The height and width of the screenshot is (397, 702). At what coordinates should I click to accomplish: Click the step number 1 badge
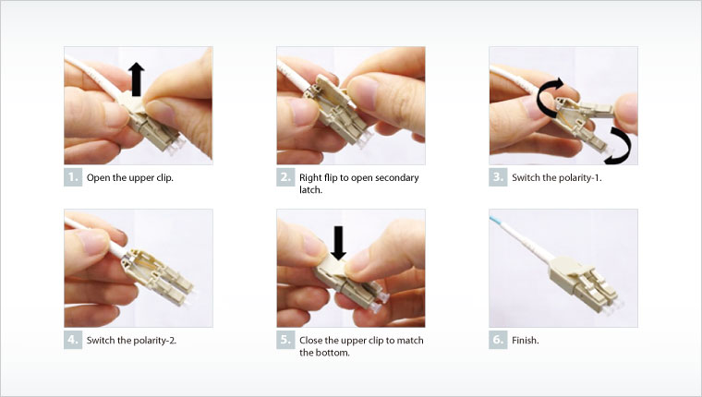pos(73,177)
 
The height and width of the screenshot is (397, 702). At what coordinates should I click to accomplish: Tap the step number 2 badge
pos(285,177)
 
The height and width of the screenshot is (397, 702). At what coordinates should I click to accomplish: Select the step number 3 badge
pos(498,177)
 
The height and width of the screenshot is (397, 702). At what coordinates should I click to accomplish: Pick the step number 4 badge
pos(73,340)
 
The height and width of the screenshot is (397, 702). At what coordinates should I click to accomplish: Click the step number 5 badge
pos(285,340)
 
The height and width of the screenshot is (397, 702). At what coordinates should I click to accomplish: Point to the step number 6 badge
pos(498,340)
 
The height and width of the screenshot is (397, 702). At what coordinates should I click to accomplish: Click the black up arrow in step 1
pos(138,78)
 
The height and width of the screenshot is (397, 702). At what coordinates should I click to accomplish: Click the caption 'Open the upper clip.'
pos(130,177)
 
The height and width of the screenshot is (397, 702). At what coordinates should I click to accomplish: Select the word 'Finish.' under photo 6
pos(526,340)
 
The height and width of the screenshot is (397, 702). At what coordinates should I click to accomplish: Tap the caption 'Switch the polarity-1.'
pos(556,177)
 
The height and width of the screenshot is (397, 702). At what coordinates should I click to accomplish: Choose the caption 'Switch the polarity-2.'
pos(131,340)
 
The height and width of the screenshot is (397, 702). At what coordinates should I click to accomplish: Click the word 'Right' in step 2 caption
pos(312,177)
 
